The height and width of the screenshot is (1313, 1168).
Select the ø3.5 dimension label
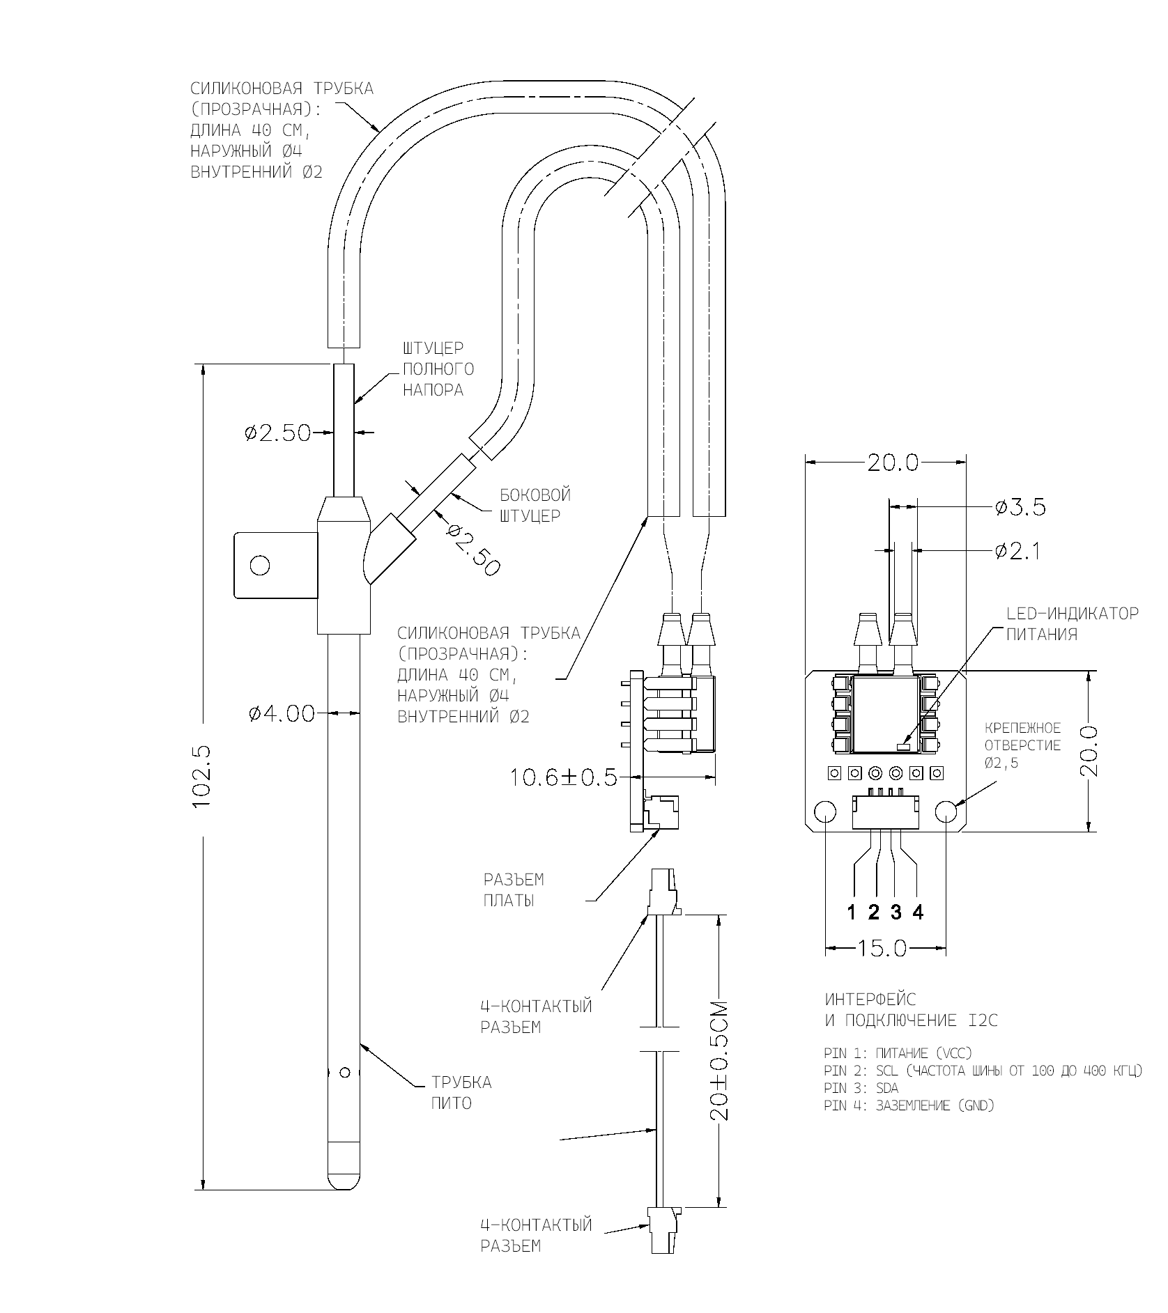point(1020,507)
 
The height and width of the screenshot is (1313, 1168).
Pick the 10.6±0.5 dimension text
point(564,777)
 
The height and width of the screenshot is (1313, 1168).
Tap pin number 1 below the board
point(852,912)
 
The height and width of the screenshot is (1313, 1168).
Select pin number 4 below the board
point(918,912)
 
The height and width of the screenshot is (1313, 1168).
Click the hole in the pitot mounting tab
point(260,565)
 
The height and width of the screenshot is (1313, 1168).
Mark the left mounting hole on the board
point(825,811)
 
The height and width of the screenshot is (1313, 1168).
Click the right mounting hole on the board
point(947,811)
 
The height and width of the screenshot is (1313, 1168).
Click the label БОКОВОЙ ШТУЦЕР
point(535,505)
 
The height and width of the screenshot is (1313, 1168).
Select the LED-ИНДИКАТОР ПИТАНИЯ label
point(1073,623)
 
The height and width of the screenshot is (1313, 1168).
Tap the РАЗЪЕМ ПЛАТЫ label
point(514,889)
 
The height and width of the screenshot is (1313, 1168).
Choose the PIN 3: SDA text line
point(861,1088)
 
